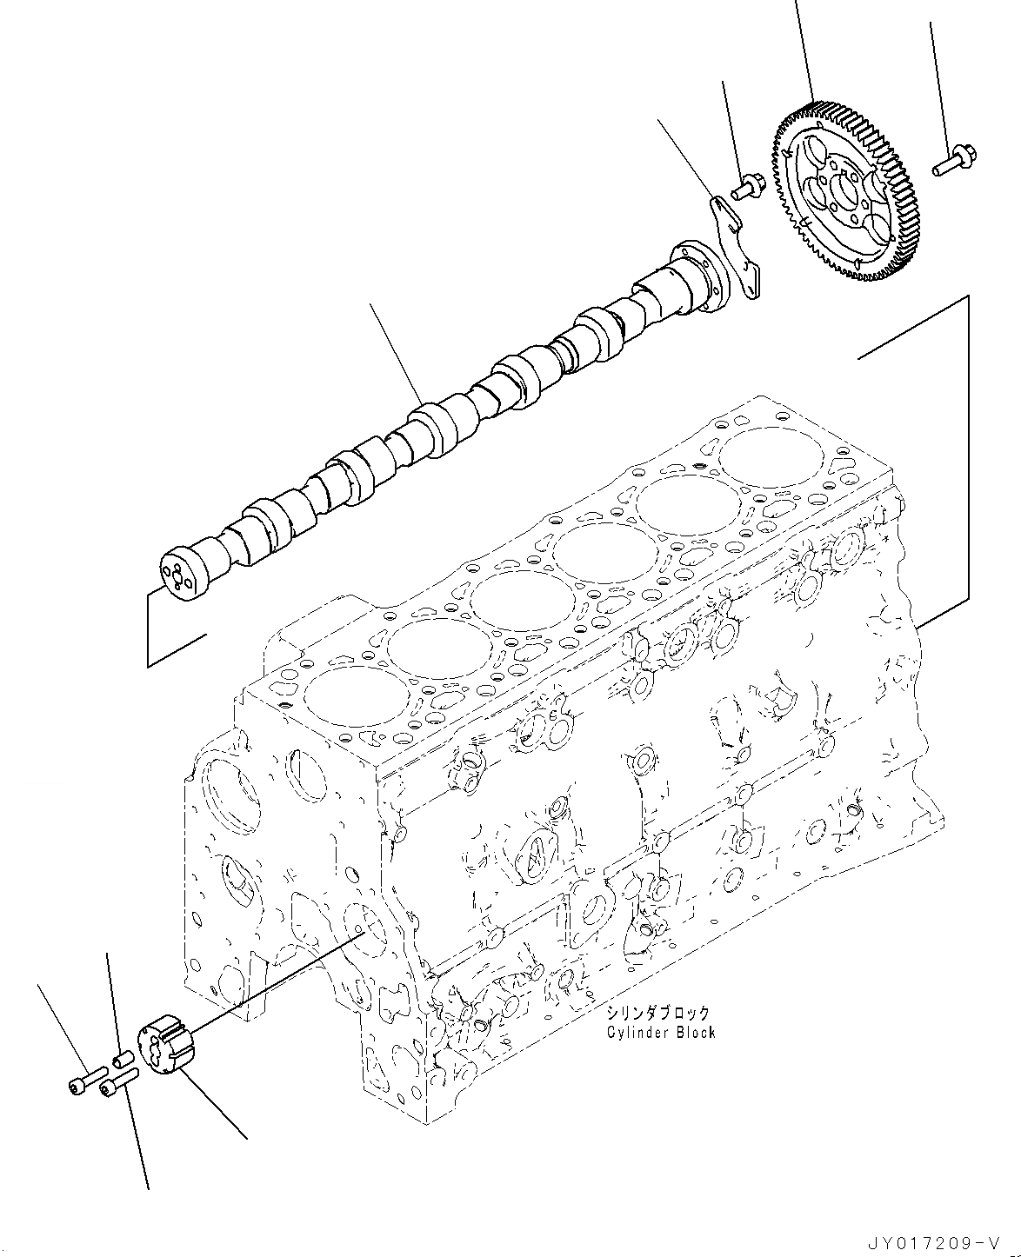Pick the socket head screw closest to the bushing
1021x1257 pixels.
tap(118, 1082)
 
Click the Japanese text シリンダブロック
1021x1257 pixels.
tap(658, 1014)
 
